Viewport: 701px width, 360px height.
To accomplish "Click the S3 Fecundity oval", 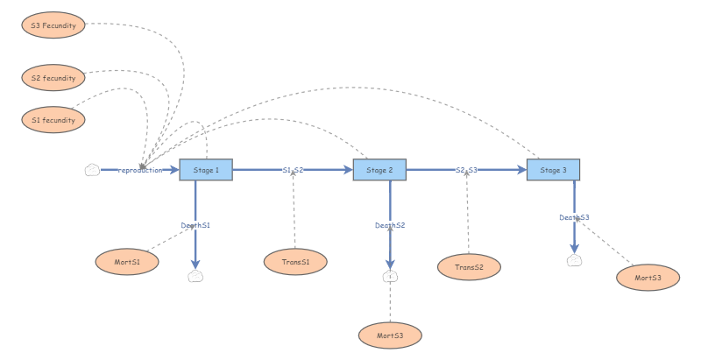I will tap(53, 25).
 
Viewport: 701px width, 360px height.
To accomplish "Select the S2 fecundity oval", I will tap(53, 78).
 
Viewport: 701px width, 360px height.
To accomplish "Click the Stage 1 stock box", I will tap(206, 170).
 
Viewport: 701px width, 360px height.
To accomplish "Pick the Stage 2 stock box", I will tap(379, 170).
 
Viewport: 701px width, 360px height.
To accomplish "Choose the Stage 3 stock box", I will tap(553, 170).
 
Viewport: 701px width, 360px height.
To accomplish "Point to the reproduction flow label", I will tap(140, 170).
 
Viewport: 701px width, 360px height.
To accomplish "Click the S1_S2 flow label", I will tap(293, 170).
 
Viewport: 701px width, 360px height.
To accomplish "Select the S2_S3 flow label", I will tap(466, 170).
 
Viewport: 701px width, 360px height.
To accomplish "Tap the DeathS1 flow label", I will tap(195, 225).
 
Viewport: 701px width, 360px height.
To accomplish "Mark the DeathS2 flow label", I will tap(390, 225).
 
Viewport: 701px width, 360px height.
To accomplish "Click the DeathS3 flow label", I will tap(574, 217).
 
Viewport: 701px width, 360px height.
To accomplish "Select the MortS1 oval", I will tap(127, 262).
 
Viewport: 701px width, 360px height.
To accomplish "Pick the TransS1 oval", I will tap(295, 262).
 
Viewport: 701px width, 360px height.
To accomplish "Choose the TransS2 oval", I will tap(469, 266).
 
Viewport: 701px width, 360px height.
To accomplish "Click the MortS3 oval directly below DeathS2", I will tap(390, 335).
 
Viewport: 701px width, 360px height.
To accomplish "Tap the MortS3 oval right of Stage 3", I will tap(648, 278).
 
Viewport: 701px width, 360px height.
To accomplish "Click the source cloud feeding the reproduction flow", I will tap(92, 170).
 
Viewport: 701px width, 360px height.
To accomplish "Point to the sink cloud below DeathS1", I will tap(195, 276).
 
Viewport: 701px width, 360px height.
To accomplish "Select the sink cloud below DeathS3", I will tap(574, 260).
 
